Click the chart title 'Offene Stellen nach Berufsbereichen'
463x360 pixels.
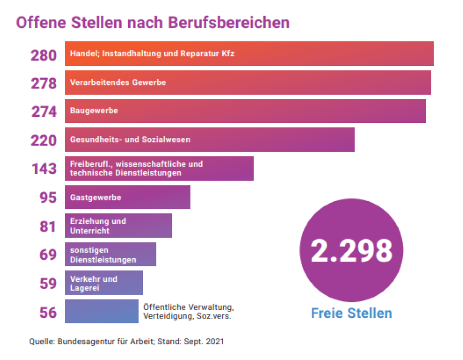(x=153, y=23)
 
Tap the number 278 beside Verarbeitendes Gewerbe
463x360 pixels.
(x=44, y=83)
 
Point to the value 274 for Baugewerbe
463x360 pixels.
(x=44, y=112)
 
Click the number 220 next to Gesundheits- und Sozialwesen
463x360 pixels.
(x=44, y=140)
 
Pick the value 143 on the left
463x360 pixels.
(x=44, y=169)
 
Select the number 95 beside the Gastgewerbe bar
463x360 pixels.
(x=48, y=197)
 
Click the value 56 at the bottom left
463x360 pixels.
(x=48, y=312)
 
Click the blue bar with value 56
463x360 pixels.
(x=101, y=311)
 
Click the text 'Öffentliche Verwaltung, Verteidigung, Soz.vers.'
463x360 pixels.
(x=188, y=312)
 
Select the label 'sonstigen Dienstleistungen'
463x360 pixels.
(x=103, y=255)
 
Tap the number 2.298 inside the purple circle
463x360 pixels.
(x=351, y=250)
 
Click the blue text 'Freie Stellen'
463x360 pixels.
(x=351, y=313)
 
